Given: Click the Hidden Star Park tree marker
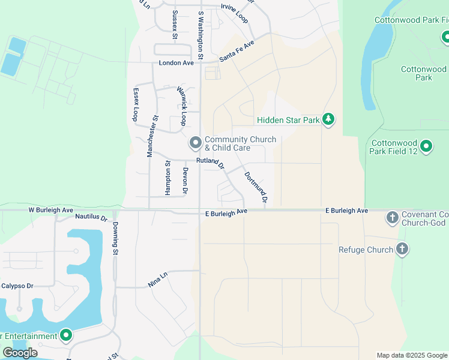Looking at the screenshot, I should tap(328, 119).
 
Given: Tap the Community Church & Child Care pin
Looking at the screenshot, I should tap(195, 143).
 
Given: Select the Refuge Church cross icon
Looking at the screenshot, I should tap(402, 249).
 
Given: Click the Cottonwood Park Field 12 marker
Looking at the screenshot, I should tap(426, 146).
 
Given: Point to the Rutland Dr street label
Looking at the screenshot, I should tap(210, 163).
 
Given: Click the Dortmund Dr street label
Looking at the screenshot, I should tap(256, 187).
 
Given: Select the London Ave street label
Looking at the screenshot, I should tap(176, 63).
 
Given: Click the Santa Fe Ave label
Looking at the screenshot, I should tap(237, 51).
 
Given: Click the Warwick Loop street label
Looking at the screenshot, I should tap(182, 106).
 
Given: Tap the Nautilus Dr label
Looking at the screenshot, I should tap(91, 217).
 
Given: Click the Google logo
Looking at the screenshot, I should tap(20, 352).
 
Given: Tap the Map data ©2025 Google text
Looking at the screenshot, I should tap(411, 355).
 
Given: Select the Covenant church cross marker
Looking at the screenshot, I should tap(393, 217).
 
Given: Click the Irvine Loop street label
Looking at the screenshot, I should tap(235, 10).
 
